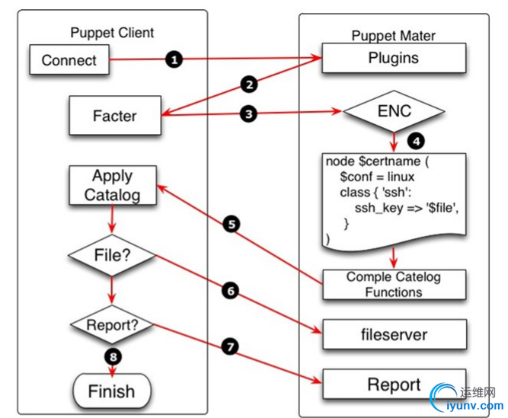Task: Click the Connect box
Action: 69,59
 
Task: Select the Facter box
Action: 114,116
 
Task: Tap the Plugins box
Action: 393,58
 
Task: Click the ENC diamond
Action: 394,111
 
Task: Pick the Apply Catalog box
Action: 113,184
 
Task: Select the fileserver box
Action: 393,333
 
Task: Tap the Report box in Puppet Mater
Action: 393,384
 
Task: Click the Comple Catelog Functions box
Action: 393,283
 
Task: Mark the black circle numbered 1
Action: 174,59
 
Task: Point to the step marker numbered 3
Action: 247,113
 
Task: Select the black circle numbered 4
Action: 415,141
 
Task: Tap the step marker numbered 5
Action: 232,225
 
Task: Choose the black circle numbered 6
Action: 232,290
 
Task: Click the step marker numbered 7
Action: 232,345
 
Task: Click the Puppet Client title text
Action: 112,32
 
